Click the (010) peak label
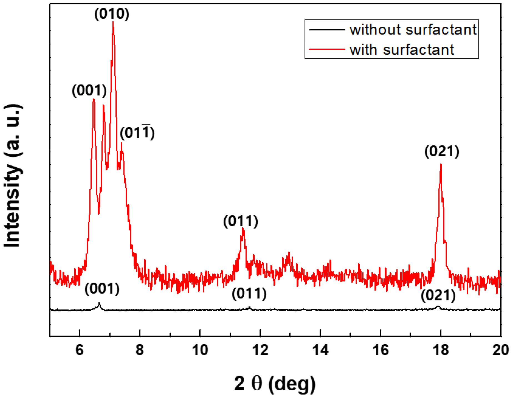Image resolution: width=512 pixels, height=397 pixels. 112,14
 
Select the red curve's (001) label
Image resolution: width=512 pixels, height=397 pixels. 89,91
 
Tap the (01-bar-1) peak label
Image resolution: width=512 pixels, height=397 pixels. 137,133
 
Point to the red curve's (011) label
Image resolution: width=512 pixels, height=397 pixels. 240,221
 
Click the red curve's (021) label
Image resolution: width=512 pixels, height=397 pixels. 441,152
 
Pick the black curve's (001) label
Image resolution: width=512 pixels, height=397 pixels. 102,289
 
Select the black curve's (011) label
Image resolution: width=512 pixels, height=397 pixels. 249,294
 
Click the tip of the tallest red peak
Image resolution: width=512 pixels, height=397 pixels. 113,22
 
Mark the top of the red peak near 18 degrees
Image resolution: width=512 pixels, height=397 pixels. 441,165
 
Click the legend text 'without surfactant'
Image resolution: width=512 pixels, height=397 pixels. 413,30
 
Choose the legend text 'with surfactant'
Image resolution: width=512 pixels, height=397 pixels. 401,50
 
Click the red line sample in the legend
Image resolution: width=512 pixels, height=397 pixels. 327,49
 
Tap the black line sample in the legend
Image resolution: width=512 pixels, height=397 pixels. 327,29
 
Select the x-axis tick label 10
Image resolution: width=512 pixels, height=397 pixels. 200,350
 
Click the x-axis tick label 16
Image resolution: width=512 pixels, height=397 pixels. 380,350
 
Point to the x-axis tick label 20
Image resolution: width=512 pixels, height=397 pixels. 500,350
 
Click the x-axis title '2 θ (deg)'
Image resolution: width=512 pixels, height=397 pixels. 275,384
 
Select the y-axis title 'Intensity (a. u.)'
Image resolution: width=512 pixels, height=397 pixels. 12,176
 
